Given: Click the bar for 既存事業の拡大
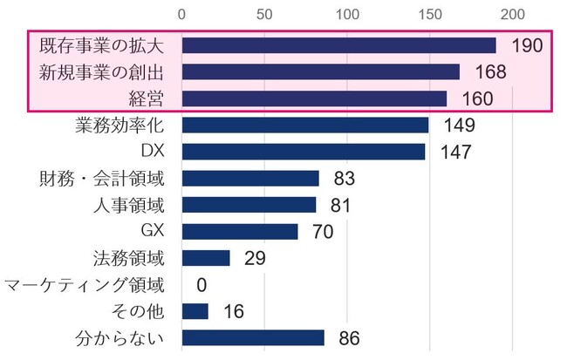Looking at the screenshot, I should pos(338,45).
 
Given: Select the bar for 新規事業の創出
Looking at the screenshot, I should pos(320,71).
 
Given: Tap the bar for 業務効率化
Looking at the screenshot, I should pos(304,126).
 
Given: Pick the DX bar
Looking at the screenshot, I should pos(303,152).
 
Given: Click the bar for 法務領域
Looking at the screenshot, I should pos(205,258).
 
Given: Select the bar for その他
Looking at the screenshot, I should pos(195,311).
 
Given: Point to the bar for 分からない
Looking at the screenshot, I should pos(253,337).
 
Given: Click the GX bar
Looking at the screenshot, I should pos(239,231).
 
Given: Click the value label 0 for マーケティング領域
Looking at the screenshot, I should pos(202,285).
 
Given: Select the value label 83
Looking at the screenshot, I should pos(345,179).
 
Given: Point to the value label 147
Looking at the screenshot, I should pos(455,152).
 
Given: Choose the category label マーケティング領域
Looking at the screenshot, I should pos(84,285).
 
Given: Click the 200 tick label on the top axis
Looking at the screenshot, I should pos(512,15).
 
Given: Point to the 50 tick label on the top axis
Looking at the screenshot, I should pos(264,15).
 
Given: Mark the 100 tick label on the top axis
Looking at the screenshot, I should pos(347,15).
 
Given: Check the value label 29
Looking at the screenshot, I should pos(256,258).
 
